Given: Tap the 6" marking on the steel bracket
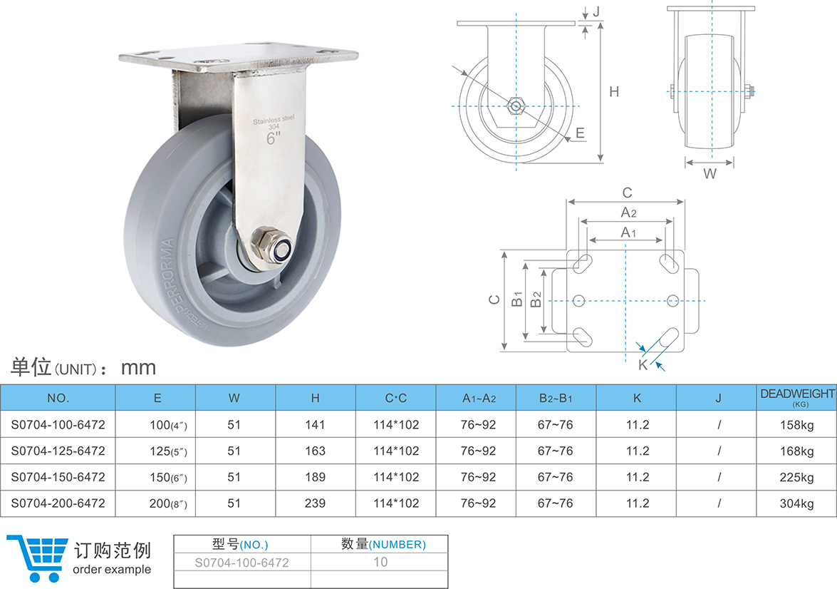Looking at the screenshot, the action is [274, 139].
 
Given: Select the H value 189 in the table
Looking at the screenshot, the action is [315, 477].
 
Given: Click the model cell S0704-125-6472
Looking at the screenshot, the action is [58, 451].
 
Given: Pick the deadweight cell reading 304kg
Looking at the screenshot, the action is [796, 503].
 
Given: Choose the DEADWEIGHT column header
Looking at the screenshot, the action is [797, 396].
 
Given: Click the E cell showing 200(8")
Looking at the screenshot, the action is [168, 503].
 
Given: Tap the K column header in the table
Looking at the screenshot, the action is [637, 398].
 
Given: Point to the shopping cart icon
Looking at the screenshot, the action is [38, 558].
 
